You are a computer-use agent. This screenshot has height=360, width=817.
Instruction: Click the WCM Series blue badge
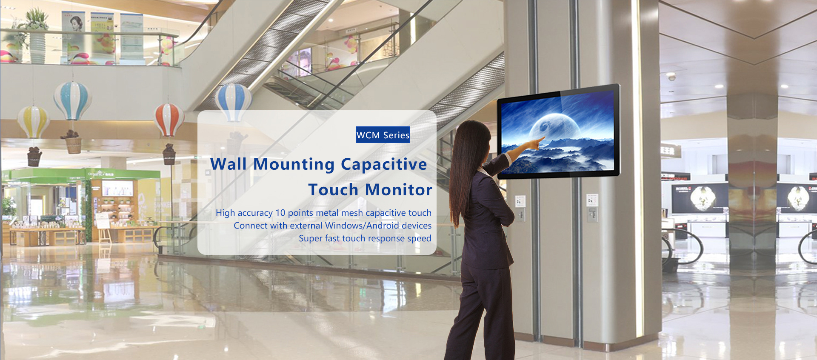click(383, 135)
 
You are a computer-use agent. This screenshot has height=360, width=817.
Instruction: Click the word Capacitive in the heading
click(384, 165)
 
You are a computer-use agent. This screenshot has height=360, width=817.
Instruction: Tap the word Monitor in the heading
click(399, 190)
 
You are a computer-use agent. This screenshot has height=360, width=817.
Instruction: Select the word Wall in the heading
click(229, 164)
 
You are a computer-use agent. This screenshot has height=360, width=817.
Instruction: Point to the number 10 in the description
click(280, 213)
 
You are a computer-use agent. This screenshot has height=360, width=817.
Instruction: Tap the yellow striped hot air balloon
click(33, 122)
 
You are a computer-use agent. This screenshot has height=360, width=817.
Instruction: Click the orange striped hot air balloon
click(169, 120)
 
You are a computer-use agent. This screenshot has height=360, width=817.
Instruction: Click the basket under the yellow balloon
click(34, 157)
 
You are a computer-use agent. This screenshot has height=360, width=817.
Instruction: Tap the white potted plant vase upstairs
click(37, 48)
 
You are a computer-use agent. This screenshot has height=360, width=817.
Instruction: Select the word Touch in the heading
click(333, 190)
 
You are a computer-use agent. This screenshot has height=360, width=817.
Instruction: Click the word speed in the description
click(419, 239)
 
